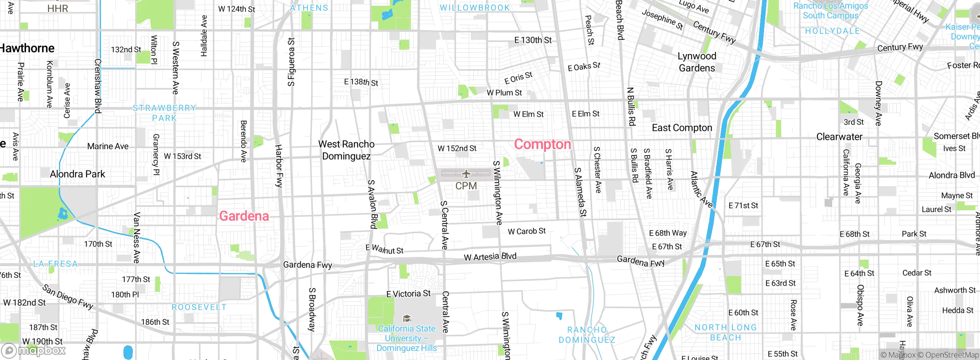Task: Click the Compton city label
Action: point(542,144)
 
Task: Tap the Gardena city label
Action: point(244,216)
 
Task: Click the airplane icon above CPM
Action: point(466,174)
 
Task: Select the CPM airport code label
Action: point(466,186)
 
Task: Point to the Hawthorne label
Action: point(27,48)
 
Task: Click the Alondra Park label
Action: point(77,174)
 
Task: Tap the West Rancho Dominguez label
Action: point(346,150)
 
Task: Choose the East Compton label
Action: point(682,128)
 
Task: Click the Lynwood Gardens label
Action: point(697,62)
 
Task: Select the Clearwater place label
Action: point(839,137)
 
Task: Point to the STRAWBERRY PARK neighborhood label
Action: point(164,113)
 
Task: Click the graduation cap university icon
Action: point(407,318)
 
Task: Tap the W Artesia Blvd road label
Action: point(490,257)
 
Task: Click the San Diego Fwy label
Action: point(67,296)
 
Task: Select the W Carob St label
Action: point(526,231)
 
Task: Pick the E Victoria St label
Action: point(408,294)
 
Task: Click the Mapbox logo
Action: point(34,350)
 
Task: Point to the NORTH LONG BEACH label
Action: point(725,332)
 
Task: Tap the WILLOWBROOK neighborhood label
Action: point(475,8)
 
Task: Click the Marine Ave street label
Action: point(108,146)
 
